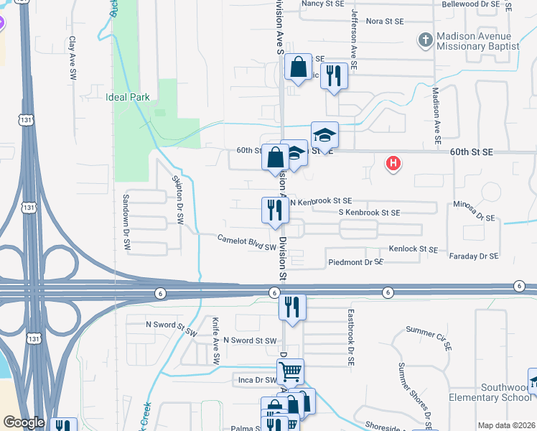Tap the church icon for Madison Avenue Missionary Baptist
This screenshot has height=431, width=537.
(x=425, y=40)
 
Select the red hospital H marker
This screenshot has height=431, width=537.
(x=393, y=164)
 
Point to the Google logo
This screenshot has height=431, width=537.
(x=23, y=422)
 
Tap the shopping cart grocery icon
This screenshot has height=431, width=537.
(x=290, y=372)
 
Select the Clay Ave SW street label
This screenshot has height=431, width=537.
(x=73, y=58)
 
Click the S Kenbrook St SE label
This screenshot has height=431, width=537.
(x=369, y=213)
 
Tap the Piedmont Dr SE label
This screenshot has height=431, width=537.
(x=355, y=262)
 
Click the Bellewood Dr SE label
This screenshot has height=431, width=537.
(x=470, y=4)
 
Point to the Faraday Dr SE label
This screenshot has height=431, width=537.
(x=473, y=256)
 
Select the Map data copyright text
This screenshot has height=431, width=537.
(x=505, y=425)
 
